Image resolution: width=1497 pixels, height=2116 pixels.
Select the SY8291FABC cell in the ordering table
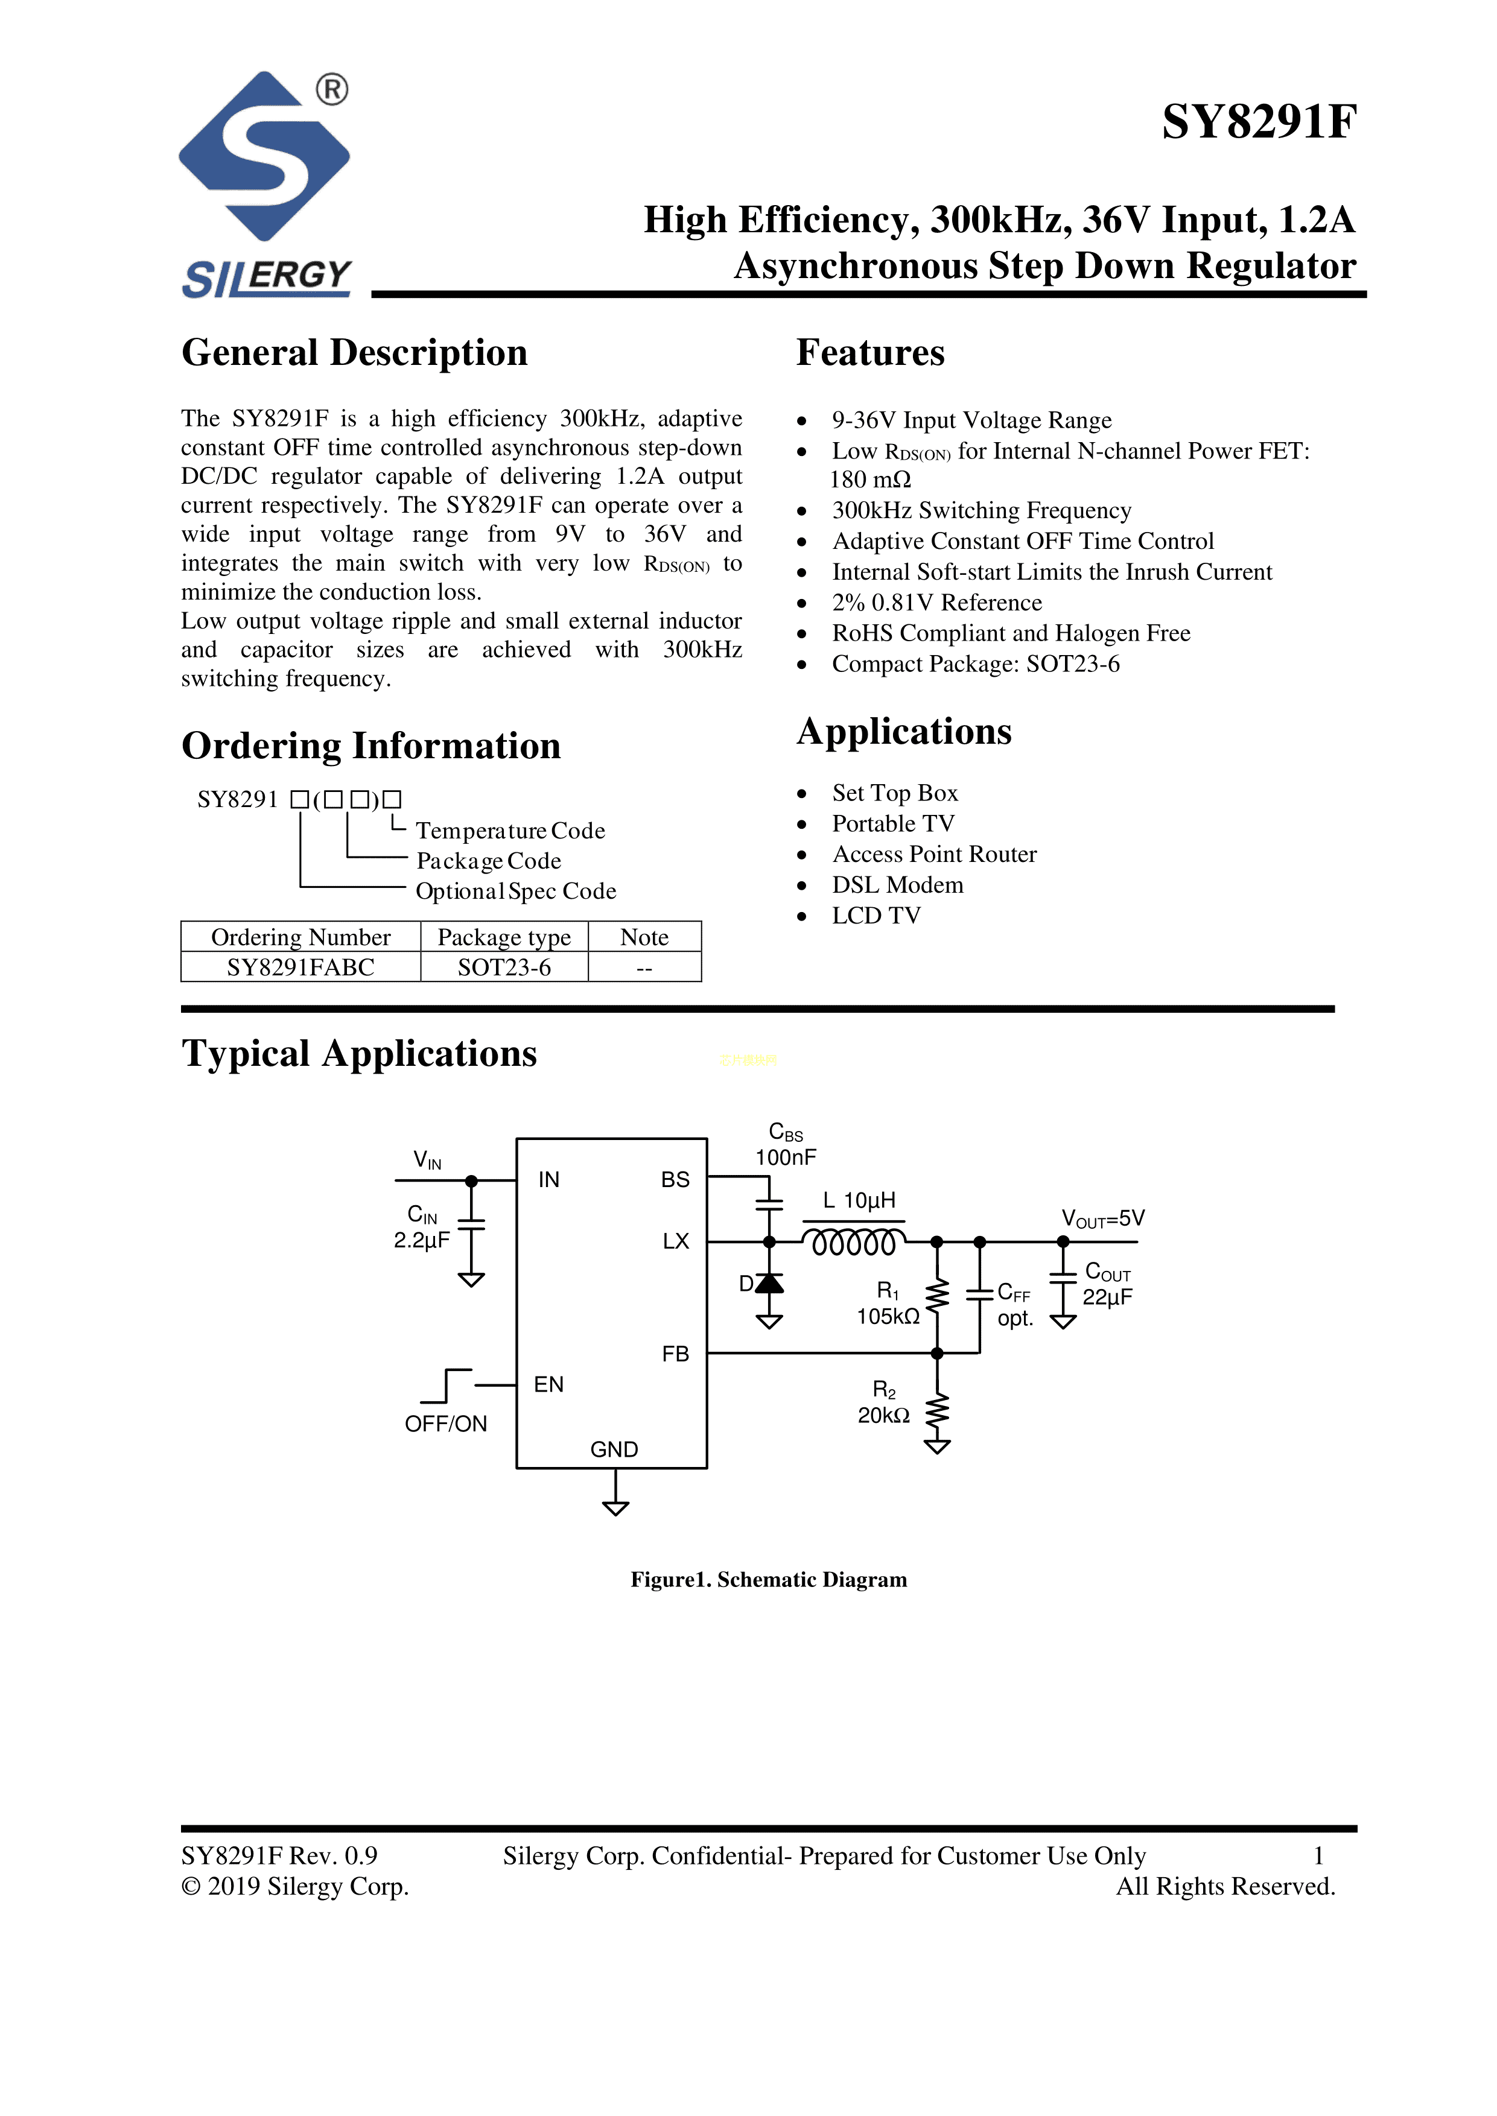(x=300, y=967)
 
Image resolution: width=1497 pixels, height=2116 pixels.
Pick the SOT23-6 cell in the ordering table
(x=504, y=967)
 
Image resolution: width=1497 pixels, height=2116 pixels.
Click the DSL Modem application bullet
(x=897, y=885)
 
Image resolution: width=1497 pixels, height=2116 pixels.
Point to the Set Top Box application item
(x=894, y=793)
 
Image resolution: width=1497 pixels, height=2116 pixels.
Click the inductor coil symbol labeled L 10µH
(x=854, y=1243)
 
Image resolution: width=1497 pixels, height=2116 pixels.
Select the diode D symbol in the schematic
(x=769, y=1283)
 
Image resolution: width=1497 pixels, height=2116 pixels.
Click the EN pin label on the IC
(x=548, y=1384)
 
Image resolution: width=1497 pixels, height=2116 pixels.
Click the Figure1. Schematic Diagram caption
(x=768, y=1580)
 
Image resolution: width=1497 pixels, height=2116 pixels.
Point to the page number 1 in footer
(x=1318, y=1855)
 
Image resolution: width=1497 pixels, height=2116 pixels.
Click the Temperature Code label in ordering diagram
(x=510, y=831)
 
